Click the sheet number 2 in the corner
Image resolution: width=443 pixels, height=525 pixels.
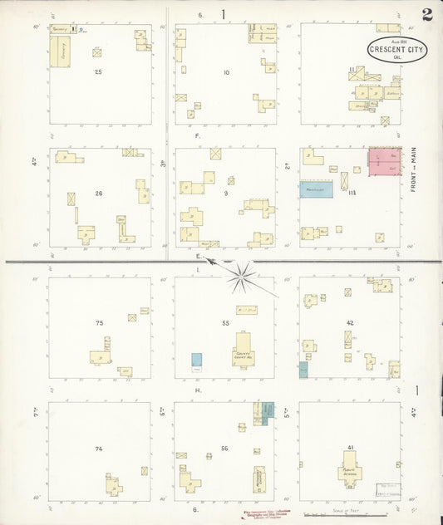[426, 14]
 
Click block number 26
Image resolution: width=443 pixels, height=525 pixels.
[98, 194]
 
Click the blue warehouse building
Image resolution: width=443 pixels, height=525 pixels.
[316, 189]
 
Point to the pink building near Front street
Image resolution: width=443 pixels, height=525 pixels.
[385, 160]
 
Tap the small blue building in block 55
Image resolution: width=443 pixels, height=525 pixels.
[196, 361]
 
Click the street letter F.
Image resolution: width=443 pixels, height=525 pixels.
[198, 135]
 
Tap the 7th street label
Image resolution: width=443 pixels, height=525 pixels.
[37, 411]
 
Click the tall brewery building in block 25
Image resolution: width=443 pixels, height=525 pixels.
[58, 52]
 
